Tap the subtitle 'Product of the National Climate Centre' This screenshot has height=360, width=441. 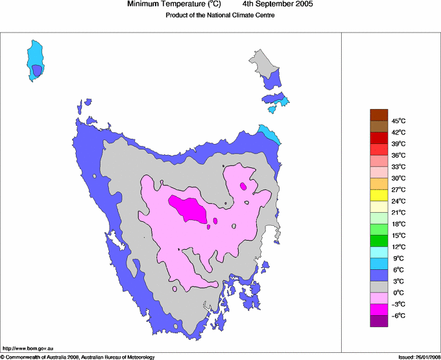(x=220, y=15)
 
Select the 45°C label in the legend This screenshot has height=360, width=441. (x=398, y=121)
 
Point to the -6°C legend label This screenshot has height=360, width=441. (x=398, y=315)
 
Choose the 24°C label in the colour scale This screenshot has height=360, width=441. (x=398, y=201)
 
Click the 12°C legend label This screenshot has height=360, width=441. (x=398, y=246)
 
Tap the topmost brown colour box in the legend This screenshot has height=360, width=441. (x=379, y=115)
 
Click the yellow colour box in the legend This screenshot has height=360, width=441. (x=379, y=195)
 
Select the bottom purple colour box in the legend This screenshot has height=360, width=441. (x=379, y=321)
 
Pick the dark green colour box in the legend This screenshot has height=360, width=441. (x=379, y=241)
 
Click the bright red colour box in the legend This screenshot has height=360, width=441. (x=379, y=149)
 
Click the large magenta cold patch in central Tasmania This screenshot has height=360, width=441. (x=189, y=208)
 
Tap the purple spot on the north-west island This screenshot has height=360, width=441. (x=37, y=69)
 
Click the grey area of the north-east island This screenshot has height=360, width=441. (x=265, y=63)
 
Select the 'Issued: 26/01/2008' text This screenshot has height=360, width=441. (x=418, y=357)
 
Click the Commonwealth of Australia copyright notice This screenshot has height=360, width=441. (x=78, y=357)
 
